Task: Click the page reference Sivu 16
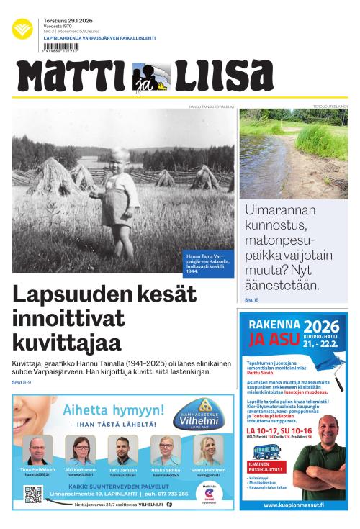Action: pos(251,299)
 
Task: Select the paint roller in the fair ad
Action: pos(332,385)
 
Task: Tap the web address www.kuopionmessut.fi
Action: pos(292,505)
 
